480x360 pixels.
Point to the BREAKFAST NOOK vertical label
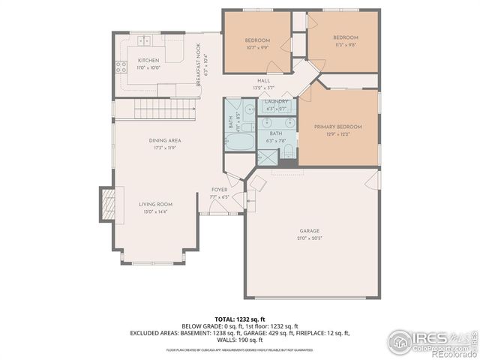[x=199, y=64]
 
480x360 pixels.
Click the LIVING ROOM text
[x=155, y=204]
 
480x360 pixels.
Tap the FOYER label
[x=219, y=190]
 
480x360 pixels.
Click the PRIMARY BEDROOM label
[x=337, y=127]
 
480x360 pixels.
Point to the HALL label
[x=263, y=80]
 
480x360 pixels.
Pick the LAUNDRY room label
[x=276, y=101]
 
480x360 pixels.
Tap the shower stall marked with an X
[x=266, y=157]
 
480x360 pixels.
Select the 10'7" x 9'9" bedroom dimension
[x=256, y=47]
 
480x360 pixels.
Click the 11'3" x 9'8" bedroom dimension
[x=345, y=44]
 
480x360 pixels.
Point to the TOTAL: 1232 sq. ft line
[x=240, y=319]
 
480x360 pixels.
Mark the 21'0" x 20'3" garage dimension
[x=309, y=238]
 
